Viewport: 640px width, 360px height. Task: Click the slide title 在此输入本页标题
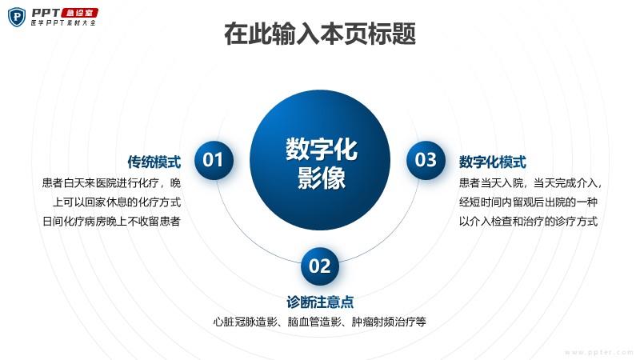[x=320, y=34]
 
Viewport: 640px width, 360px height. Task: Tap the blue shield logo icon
[x=17, y=17]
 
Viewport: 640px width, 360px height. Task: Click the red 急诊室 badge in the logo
[x=79, y=13]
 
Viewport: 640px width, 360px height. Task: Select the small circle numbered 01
[x=214, y=160]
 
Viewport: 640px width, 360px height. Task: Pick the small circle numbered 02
[x=320, y=266]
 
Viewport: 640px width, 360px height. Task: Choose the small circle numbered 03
[x=426, y=160]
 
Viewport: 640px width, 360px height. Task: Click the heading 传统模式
[x=154, y=162]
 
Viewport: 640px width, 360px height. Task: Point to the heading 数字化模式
[x=492, y=162]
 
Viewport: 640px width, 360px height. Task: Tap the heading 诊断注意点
[x=320, y=302]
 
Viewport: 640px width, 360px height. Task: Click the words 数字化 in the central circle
[x=322, y=149]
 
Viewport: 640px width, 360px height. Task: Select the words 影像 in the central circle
[x=322, y=178]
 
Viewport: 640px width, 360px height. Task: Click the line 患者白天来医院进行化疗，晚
[x=111, y=183]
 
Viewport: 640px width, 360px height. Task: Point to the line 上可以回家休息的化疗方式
[x=117, y=202]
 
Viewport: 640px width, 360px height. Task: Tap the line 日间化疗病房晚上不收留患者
[x=111, y=222]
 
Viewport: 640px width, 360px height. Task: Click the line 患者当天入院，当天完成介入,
[x=530, y=183]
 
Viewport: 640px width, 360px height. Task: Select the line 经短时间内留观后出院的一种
[x=528, y=202]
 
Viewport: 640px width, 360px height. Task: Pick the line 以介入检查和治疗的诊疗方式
[x=528, y=222]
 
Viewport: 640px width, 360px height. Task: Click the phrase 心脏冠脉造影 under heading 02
[x=246, y=322]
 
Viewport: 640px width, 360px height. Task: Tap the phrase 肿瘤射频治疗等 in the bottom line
[x=389, y=322]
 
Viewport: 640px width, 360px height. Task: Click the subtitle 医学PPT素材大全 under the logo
[x=63, y=23]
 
